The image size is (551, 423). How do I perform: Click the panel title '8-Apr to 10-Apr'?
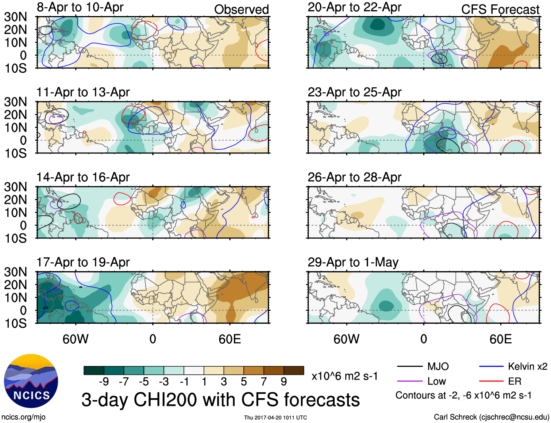click(80, 7)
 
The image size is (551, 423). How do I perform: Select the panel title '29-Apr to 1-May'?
click(353, 262)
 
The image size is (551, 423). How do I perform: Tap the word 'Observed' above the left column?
click(241, 9)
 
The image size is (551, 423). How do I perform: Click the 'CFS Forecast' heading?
click(500, 9)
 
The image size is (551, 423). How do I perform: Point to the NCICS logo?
click(31, 381)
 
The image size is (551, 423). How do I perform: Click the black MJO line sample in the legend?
click(409, 366)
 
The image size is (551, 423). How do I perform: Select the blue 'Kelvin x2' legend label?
click(527, 366)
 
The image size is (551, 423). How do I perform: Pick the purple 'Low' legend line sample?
click(409, 381)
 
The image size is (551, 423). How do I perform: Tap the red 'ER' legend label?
click(515, 381)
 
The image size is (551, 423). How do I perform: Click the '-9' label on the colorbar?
click(104, 382)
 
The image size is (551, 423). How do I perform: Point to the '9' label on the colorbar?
click(284, 382)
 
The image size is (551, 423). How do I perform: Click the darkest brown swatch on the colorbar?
click(294, 370)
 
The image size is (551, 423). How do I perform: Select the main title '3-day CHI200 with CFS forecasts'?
click(220, 400)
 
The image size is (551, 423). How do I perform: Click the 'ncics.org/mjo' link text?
click(23, 417)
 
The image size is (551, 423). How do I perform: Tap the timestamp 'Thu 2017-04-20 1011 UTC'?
click(275, 418)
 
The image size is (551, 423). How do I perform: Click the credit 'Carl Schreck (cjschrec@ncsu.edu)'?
click(491, 417)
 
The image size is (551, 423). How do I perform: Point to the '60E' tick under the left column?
click(230, 339)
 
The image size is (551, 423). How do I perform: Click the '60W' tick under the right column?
click(346, 339)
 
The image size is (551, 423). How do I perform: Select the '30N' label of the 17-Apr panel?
click(16, 272)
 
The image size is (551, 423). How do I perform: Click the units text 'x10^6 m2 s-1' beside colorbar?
click(344, 376)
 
